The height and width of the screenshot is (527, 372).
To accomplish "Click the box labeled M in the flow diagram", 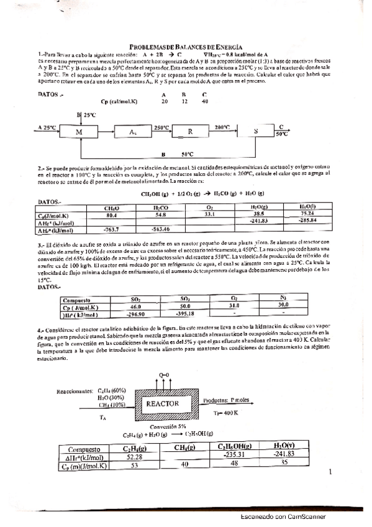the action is coord(79,132).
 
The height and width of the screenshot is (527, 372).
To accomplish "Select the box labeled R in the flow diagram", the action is coord(190,132).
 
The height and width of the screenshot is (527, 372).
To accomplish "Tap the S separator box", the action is coord(256,132).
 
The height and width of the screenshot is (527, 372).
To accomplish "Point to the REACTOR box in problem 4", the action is coord(162,403).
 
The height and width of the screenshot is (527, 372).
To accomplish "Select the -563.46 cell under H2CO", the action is coord(160,229).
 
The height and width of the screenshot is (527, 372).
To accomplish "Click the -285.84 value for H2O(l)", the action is coord(307,221).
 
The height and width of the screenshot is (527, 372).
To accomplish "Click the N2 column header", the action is coord(282,299).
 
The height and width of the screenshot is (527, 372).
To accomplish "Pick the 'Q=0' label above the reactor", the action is coord(163,375).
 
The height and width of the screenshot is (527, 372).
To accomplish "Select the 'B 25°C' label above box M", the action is coord(86,115).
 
